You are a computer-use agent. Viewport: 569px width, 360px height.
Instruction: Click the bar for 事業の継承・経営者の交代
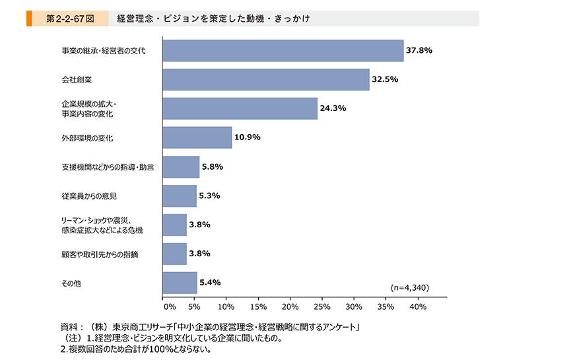click(283, 51)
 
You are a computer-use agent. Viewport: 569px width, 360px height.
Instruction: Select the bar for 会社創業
click(266, 79)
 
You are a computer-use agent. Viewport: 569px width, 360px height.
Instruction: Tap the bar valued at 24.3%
click(240, 108)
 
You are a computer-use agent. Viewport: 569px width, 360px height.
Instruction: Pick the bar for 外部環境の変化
click(197, 137)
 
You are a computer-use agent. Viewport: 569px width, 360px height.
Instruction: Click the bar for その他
click(180, 283)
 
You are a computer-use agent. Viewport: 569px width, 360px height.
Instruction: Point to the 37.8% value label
click(419, 50)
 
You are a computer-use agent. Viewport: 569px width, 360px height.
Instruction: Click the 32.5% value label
click(385, 79)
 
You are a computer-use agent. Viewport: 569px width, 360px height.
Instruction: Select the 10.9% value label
click(248, 137)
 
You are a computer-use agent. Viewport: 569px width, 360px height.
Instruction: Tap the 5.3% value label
click(209, 196)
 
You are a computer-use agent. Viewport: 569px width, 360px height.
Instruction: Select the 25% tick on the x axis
click(322, 306)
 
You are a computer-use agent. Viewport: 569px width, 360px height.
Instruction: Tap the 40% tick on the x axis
click(418, 306)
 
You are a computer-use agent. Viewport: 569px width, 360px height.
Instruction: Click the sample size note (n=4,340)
click(410, 288)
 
